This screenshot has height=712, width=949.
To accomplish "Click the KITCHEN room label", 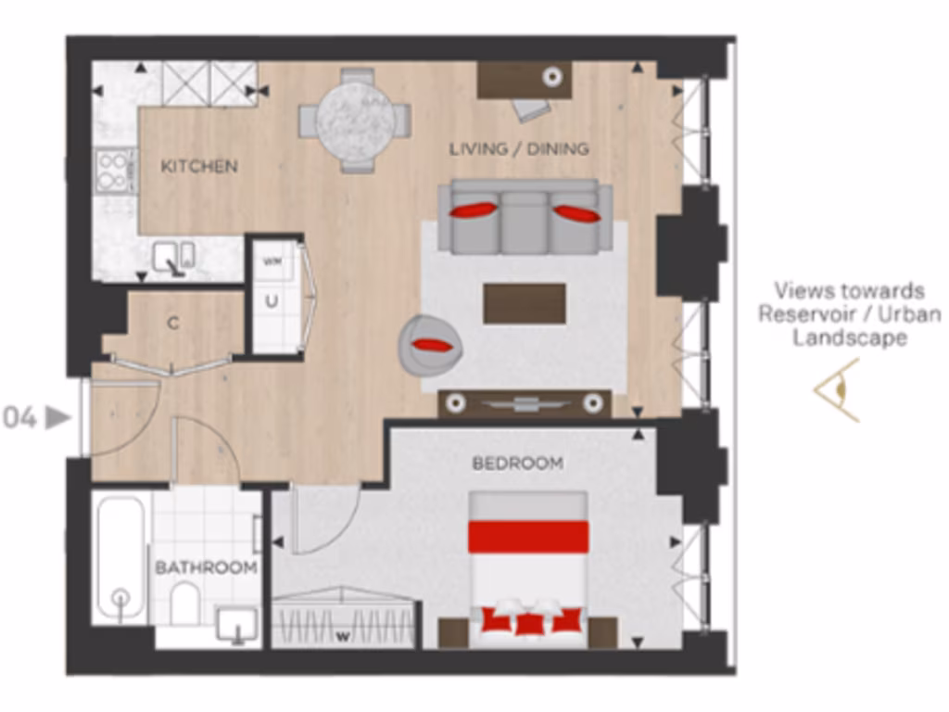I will (x=199, y=167).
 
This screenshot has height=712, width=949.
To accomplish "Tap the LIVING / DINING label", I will (x=519, y=148).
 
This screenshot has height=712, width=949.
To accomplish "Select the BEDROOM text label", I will (x=517, y=464).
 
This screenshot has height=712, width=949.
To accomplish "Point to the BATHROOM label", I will (x=206, y=567).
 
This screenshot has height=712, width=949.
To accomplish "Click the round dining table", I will (x=355, y=119).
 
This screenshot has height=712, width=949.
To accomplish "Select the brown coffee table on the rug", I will (x=525, y=303).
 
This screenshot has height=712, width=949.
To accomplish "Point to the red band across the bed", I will (x=527, y=537).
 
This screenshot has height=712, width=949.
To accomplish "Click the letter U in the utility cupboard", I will (x=272, y=301).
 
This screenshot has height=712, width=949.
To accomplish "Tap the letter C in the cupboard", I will (x=172, y=324).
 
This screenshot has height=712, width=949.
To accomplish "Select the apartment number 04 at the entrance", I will (x=20, y=418).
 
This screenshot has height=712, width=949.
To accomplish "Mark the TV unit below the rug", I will (x=525, y=403).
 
